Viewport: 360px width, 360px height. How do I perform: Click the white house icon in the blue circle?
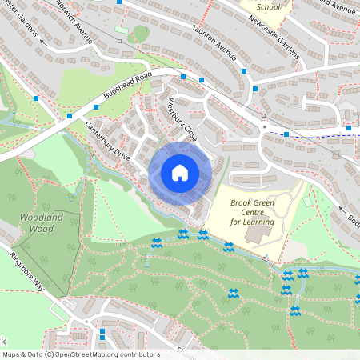pyautogui.click(x=179, y=172)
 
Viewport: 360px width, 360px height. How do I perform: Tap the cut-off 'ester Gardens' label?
pyautogui.click(x=19, y=21)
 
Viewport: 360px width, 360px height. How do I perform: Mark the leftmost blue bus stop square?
pyautogui.click(x=36, y=98)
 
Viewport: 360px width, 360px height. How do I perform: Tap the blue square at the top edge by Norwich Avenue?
pyautogui.click(x=119, y=2)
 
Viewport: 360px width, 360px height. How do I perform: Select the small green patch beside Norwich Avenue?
pyautogui.click(x=141, y=33)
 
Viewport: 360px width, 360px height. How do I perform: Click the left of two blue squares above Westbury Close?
pyautogui.click(x=183, y=77)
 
